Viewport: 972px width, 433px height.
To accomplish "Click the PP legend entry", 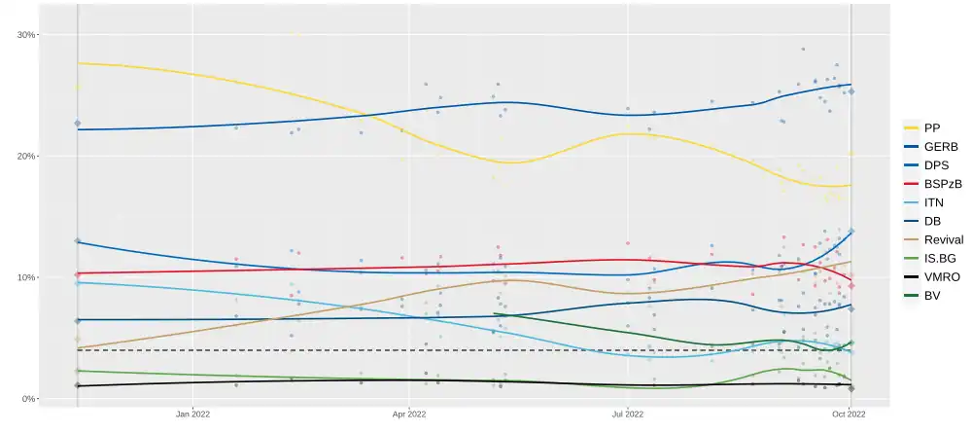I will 932,128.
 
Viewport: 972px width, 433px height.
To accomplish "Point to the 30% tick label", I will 26,35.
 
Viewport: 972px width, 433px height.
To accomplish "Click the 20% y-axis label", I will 26,157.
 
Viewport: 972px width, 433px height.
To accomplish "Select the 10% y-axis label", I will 26,278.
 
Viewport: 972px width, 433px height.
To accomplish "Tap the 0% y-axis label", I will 29,399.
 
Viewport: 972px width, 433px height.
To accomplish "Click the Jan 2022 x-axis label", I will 193,414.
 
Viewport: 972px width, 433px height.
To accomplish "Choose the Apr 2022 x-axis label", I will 410,414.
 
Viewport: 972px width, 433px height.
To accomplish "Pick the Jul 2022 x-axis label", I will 628,414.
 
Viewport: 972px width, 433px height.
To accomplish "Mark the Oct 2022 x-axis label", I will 850,414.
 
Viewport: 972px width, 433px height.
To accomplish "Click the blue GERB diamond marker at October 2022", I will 851,91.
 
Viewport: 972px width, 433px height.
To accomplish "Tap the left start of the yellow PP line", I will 78,63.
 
